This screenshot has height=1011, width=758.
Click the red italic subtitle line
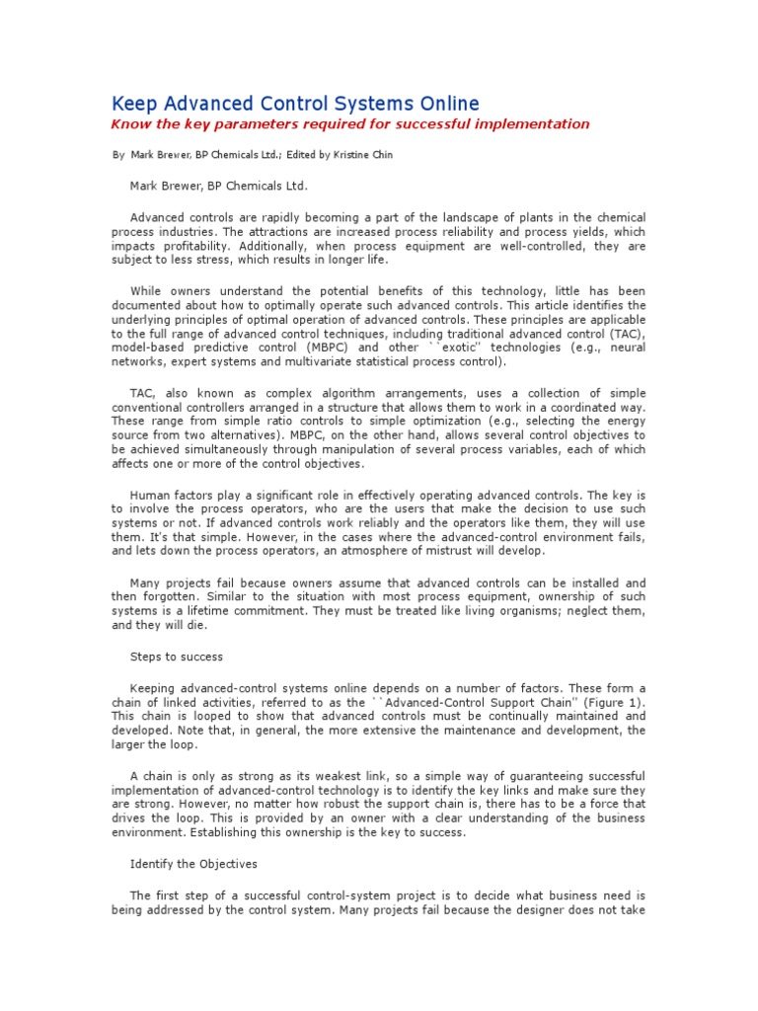tap(349, 124)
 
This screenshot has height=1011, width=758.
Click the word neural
tap(628, 348)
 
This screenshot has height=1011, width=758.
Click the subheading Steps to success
tap(177, 656)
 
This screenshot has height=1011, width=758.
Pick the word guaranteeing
tap(534, 775)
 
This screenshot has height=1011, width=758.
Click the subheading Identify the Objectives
tap(193, 864)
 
